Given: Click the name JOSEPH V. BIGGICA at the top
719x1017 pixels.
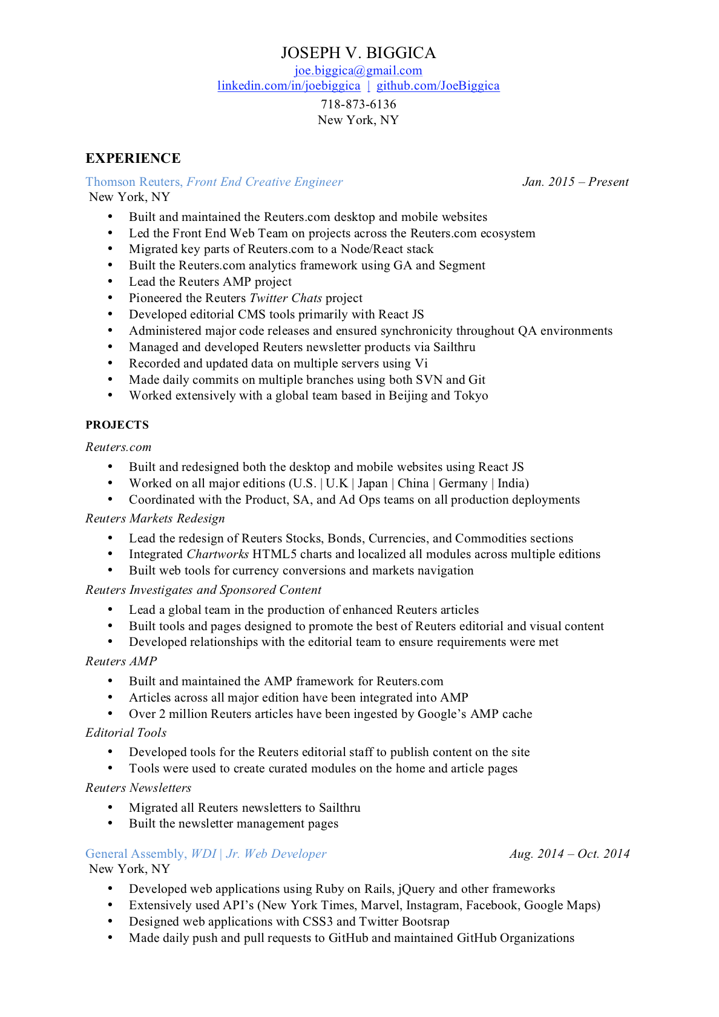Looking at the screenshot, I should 358,53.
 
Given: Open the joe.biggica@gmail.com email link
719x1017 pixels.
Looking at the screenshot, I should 358,71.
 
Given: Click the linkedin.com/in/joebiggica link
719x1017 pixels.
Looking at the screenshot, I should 289,86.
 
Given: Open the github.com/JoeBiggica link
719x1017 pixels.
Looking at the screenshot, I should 438,86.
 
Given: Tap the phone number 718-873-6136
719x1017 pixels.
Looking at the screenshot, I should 358,104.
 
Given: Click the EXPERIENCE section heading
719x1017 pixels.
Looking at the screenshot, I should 133,159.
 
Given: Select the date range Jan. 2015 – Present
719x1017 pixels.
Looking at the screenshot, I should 575,182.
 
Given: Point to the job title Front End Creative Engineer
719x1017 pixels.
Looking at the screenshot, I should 264,182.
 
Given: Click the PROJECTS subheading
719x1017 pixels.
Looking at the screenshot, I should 117,425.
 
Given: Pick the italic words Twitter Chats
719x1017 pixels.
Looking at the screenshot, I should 286,298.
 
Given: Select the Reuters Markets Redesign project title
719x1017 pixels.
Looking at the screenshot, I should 155,519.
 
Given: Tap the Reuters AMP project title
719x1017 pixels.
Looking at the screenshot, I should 121,662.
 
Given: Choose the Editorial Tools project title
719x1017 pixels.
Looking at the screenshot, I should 126,733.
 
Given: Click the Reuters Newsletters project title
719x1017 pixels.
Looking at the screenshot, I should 138,788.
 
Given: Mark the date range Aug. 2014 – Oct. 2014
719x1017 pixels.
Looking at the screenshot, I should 569,854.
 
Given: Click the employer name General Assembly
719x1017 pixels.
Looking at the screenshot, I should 135,854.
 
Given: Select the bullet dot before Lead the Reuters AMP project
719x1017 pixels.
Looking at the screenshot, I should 110,282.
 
